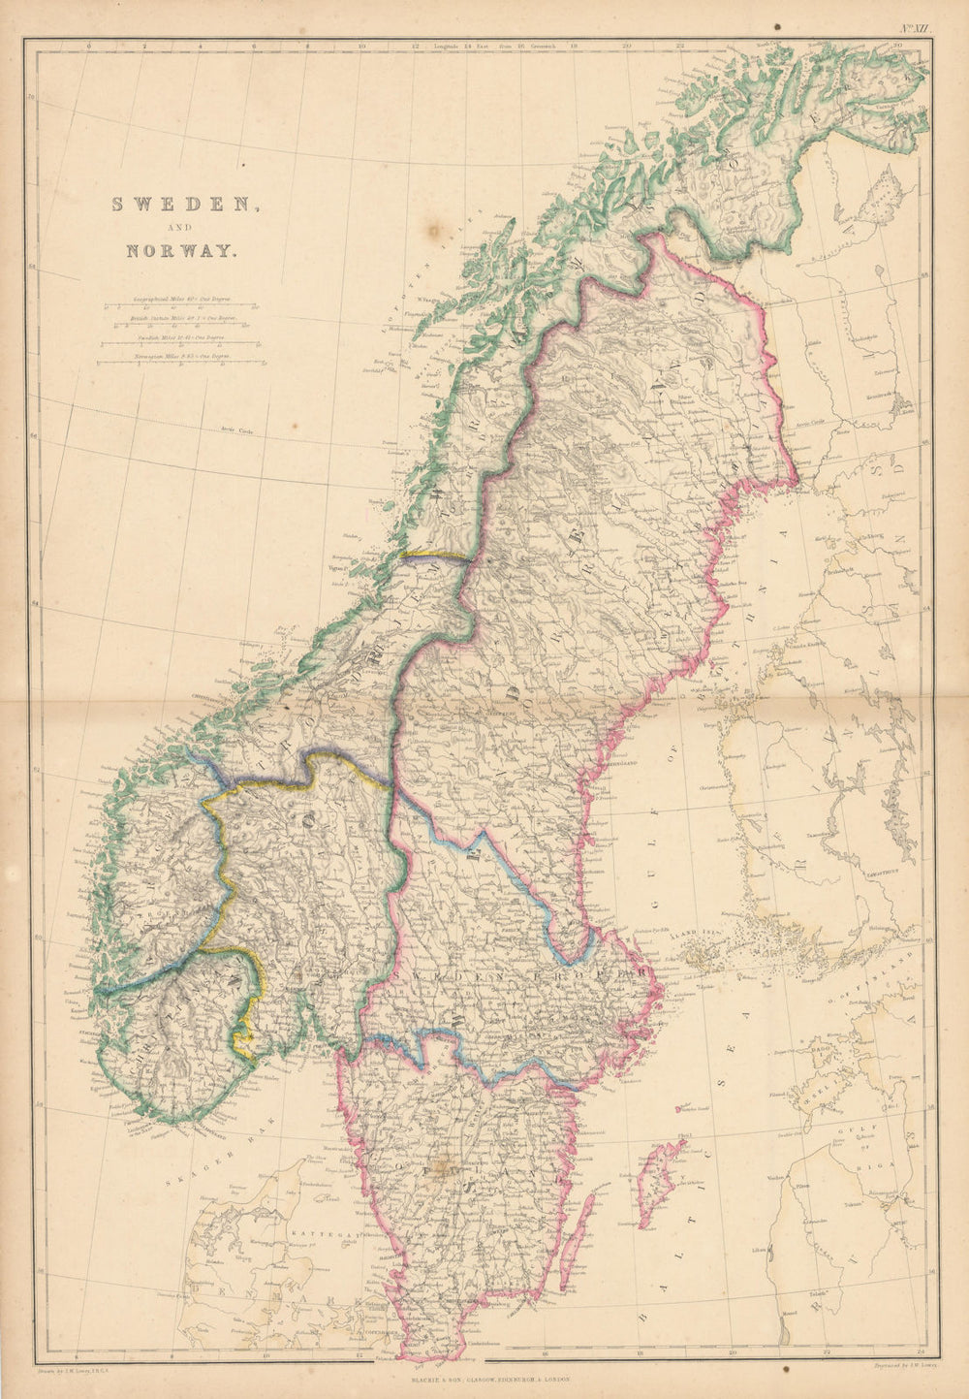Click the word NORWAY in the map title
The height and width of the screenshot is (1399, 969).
click(180, 250)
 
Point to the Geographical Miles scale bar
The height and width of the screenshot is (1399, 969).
click(181, 307)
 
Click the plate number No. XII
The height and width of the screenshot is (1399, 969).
click(914, 29)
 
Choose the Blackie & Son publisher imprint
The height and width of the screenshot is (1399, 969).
click(484, 1377)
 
